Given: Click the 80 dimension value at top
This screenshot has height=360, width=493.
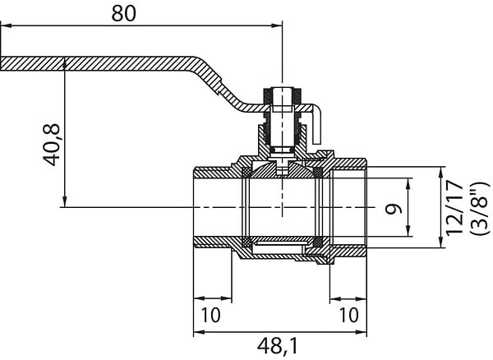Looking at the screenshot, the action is tap(124, 13).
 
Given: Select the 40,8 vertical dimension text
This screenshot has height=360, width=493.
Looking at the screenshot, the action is tap(51, 145).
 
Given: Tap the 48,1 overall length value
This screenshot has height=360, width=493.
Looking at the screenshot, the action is tap(277, 346).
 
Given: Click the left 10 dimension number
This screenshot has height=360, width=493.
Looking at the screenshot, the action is tap(210, 315).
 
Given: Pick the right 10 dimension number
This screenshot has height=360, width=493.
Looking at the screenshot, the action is tap(348, 315).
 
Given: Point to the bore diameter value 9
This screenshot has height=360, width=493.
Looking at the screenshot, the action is tap(394, 209).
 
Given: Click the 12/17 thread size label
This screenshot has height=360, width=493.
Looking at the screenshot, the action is tap(454, 208).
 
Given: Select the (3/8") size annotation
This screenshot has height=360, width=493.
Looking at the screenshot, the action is tap(480, 208).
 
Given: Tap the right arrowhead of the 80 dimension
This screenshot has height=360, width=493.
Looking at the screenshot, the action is tap(277, 25).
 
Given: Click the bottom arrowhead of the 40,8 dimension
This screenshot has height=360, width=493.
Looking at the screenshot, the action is tap(64, 202).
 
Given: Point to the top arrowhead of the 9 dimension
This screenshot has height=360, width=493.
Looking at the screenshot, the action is tap(408, 183).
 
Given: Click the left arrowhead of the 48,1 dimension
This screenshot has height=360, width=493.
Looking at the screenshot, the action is tap(199, 332).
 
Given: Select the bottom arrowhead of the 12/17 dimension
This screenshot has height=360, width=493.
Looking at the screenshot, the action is tap(441, 242).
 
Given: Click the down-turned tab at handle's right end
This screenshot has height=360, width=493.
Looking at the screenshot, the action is tap(316, 126).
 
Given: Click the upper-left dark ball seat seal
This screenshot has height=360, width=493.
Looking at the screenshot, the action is tap(246, 172).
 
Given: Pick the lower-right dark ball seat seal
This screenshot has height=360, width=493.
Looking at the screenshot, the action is tap(319, 242).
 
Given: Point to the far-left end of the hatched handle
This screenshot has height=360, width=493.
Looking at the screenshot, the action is tap(1, 64).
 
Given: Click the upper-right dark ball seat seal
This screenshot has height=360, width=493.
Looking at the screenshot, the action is tap(319, 172).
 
